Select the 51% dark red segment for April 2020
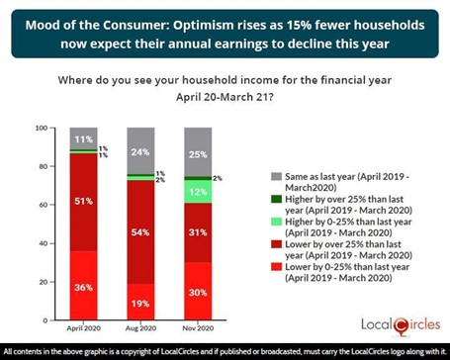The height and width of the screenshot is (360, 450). [85, 201]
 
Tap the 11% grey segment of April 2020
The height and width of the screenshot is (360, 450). [85, 139]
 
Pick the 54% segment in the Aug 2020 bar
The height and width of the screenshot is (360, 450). [141, 230]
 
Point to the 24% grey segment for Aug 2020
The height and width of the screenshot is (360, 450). [141, 151]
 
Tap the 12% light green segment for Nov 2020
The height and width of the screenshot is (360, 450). [198, 191]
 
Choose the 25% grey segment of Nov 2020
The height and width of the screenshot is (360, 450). [198, 153]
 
